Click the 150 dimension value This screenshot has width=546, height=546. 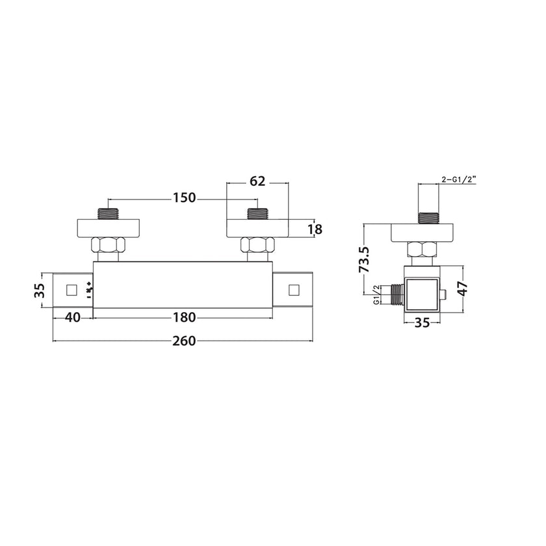click(x=185, y=198)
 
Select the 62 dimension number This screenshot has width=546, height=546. click(x=258, y=182)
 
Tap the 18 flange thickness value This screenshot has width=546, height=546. click(x=315, y=229)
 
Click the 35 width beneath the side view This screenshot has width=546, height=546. click(x=421, y=322)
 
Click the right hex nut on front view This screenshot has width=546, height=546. click(x=257, y=247)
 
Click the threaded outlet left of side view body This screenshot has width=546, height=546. click(x=392, y=294)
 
